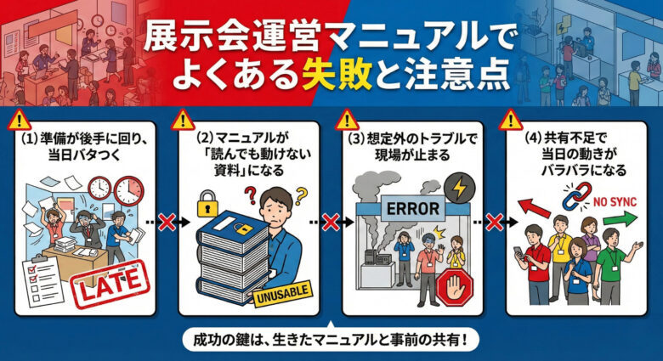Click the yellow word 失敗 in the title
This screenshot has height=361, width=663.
[337, 76]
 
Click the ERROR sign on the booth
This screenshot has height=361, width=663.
[413, 208]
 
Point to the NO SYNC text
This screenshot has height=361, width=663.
[615, 201]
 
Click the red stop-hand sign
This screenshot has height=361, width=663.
[455, 287]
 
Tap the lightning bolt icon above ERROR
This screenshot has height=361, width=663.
[459, 189]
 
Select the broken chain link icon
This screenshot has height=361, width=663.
[575, 196]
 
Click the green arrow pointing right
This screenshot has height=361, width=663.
[620, 219]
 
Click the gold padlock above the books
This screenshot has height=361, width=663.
[207, 203]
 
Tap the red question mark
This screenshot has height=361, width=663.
[250, 196]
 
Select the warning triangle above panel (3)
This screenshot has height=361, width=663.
[346, 121]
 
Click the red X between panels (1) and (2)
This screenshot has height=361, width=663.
[167, 222]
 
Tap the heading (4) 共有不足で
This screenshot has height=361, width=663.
[565, 138]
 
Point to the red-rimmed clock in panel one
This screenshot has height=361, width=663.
[129, 191]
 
